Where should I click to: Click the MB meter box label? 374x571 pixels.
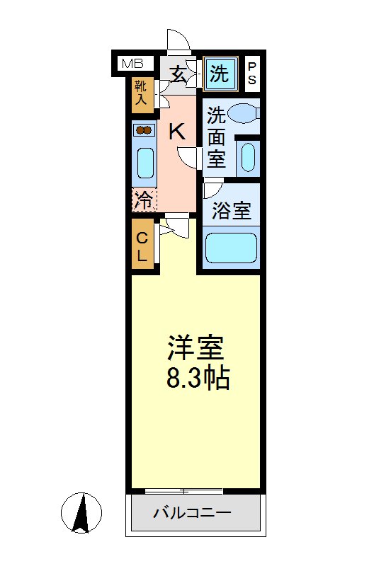[x=132, y=64]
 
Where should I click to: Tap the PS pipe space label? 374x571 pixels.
[x=251, y=73]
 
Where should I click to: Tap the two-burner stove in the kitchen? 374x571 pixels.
[x=144, y=129]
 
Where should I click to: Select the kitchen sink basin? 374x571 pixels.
[x=144, y=163]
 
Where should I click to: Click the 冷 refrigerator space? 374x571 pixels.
[x=143, y=200]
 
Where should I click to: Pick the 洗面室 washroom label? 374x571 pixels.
[x=217, y=137]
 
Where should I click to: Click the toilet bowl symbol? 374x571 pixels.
[x=244, y=113]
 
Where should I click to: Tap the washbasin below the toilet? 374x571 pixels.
[x=247, y=156]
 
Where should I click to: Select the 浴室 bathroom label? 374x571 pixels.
[x=232, y=210]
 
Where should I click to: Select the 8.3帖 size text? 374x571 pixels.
[x=197, y=379]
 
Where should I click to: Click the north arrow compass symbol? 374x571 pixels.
[x=81, y=512]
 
